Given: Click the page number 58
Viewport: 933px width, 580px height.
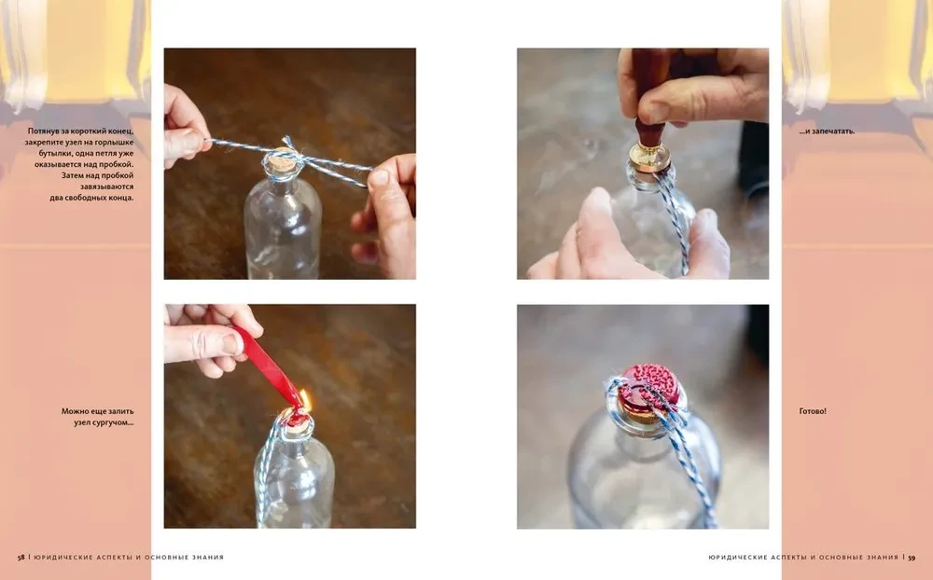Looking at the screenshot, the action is click(21, 558).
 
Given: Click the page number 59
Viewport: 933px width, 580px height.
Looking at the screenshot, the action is click(912, 558).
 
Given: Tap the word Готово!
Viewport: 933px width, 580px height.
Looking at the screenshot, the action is click(813, 411).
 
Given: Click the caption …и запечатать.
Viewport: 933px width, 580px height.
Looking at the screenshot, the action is click(827, 131).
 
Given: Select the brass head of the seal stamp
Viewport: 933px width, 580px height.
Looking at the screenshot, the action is click(649, 156).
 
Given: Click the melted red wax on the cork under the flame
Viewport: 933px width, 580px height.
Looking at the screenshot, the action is click(296, 417).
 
